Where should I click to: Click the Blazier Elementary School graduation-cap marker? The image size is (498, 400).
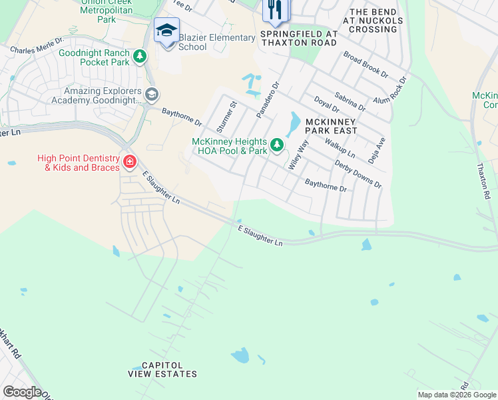[166, 29]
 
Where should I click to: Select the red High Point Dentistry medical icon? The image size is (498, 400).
[129, 162]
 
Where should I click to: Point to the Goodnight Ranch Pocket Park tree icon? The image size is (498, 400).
[140, 57]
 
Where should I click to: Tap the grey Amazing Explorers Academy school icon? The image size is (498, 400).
[151, 95]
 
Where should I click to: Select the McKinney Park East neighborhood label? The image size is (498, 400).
[331, 126]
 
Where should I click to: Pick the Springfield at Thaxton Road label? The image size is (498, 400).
[299, 38]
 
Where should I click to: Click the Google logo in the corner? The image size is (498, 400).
[21, 392]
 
